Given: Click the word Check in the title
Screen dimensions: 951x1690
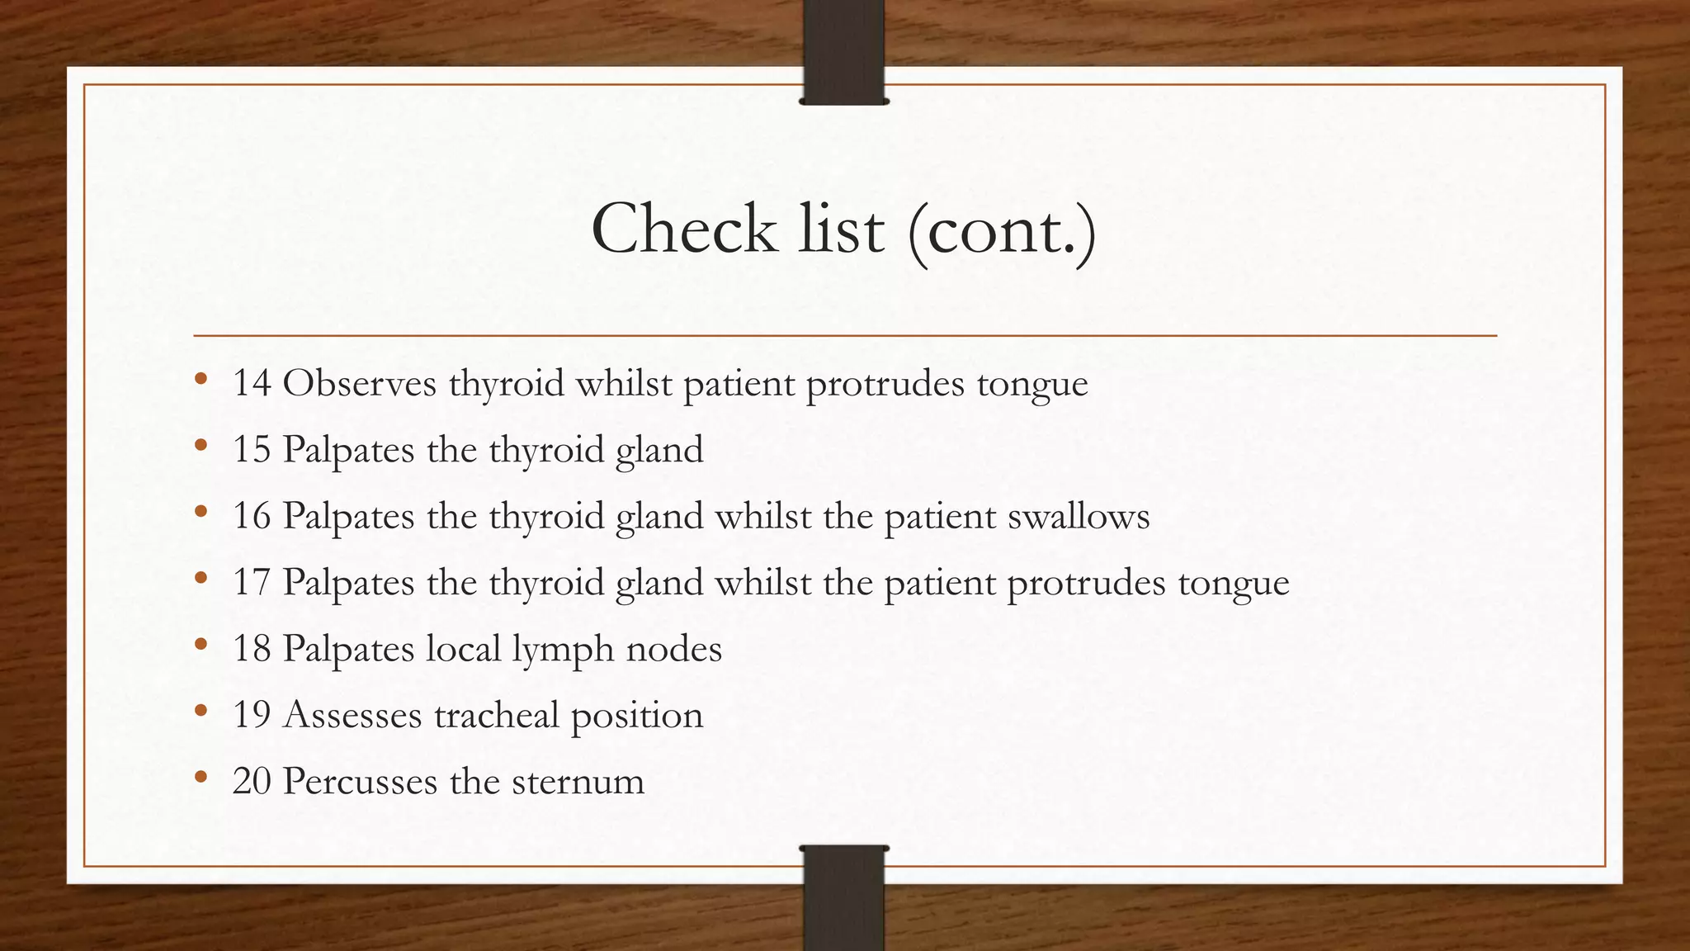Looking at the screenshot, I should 684,229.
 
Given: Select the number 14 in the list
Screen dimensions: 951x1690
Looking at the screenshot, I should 252,383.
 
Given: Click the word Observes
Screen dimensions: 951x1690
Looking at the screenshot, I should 359,383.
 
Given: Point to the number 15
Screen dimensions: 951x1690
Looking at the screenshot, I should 252,450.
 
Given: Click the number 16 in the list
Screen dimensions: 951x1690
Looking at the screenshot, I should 252,517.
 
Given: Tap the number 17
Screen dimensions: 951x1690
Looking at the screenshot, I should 252,583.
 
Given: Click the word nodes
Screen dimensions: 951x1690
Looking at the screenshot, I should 674,649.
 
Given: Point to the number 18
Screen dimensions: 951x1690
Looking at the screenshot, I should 252,649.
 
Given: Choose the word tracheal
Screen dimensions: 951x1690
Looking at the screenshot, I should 496,715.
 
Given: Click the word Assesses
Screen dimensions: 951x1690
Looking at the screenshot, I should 352,715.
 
